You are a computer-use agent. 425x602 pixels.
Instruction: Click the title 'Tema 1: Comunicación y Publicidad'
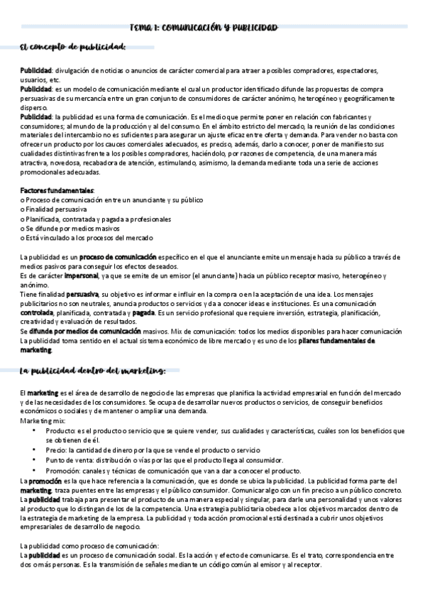203,28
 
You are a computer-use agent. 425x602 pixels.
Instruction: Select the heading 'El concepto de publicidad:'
74,48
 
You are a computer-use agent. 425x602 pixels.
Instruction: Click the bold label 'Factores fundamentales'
57,191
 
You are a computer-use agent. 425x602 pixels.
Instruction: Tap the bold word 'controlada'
38,312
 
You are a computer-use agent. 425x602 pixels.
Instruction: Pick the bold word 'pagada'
144,312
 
